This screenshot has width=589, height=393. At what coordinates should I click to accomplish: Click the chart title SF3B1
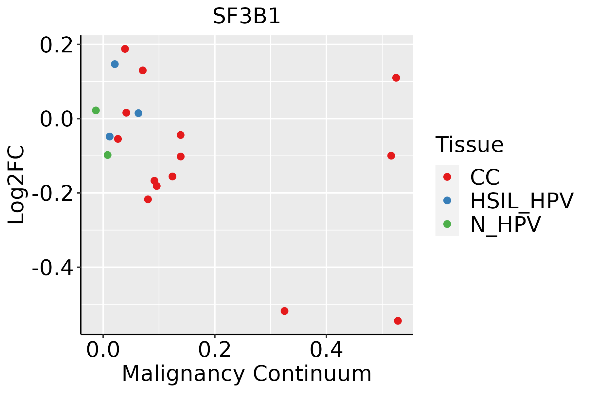pyautogui.click(x=246, y=16)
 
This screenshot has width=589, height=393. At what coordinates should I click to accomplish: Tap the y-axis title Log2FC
pyautogui.click(x=16, y=185)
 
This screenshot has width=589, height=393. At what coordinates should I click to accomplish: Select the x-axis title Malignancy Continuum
pyautogui.click(x=246, y=374)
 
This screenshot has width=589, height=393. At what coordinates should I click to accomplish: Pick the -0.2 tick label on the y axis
pyautogui.click(x=52, y=194)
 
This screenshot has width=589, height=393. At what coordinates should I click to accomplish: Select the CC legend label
pyautogui.click(x=485, y=178)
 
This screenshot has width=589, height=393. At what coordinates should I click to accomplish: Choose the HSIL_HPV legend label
pyautogui.click(x=522, y=201)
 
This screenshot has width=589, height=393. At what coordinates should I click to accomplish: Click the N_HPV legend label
pyautogui.click(x=505, y=225)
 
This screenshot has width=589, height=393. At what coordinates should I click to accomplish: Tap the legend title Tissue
pyautogui.click(x=469, y=145)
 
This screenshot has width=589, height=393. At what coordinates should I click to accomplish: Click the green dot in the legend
pyautogui.click(x=447, y=224)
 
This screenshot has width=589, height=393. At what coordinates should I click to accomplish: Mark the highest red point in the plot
pyautogui.click(x=125, y=49)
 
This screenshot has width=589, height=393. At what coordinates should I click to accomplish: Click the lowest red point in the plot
pyautogui.click(x=398, y=321)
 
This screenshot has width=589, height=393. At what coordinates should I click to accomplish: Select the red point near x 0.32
pyautogui.click(x=285, y=311)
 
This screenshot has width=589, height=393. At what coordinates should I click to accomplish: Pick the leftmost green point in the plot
pyautogui.click(x=96, y=110)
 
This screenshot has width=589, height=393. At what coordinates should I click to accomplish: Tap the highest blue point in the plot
pyautogui.click(x=115, y=64)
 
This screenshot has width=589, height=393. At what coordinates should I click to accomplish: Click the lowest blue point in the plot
pyautogui.click(x=110, y=137)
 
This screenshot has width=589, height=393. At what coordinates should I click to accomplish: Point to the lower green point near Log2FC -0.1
pyautogui.click(x=108, y=155)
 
